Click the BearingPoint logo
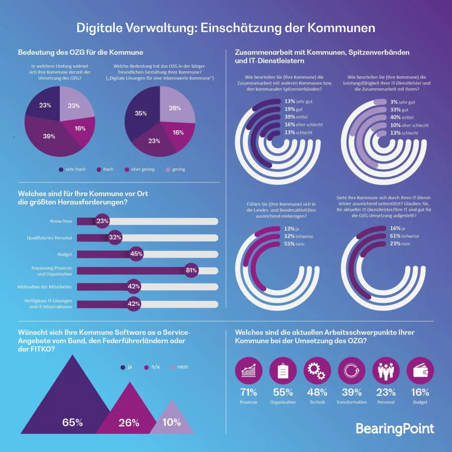[x=395, y=428]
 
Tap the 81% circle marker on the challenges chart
[x=191, y=270]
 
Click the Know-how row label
[x=63, y=221]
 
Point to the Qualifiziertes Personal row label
[x=51, y=238]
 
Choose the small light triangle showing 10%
[x=172, y=419]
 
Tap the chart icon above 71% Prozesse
[x=249, y=371]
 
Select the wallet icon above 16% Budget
[x=419, y=371]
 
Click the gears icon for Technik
[x=317, y=371]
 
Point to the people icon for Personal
[x=385, y=371]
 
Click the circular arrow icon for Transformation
[x=351, y=371]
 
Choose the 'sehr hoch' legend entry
[x=72, y=169]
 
